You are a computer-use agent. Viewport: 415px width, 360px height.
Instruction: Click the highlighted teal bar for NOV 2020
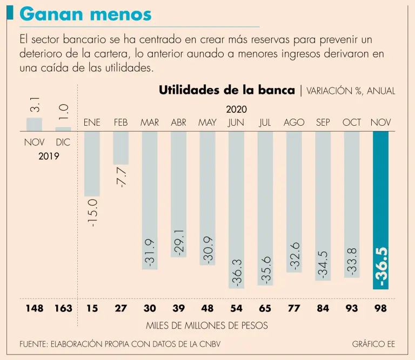[380, 210]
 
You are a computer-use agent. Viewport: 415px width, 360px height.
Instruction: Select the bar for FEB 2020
[121, 147]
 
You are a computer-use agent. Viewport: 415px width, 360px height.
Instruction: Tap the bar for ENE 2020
[92, 164]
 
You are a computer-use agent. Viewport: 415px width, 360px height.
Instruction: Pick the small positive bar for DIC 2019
[63, 129]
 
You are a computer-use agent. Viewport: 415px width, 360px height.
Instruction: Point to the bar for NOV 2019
[34, 124]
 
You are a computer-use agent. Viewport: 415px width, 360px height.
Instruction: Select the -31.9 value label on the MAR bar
[150, 250]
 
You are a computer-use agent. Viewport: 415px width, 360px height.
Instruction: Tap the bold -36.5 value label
[381, 266]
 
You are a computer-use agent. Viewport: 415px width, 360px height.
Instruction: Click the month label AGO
[294, 123]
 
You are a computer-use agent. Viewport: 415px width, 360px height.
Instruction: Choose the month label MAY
[207, 123]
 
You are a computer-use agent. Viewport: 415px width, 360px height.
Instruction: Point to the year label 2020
[236, 110]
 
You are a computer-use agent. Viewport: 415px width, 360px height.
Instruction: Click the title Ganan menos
[86, 14]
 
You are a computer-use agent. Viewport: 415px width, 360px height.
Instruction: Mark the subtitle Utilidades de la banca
[227, 90]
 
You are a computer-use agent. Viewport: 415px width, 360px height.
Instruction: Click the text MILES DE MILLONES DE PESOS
[207, 325]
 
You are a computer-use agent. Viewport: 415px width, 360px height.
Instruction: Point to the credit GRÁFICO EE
[373, 344]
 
